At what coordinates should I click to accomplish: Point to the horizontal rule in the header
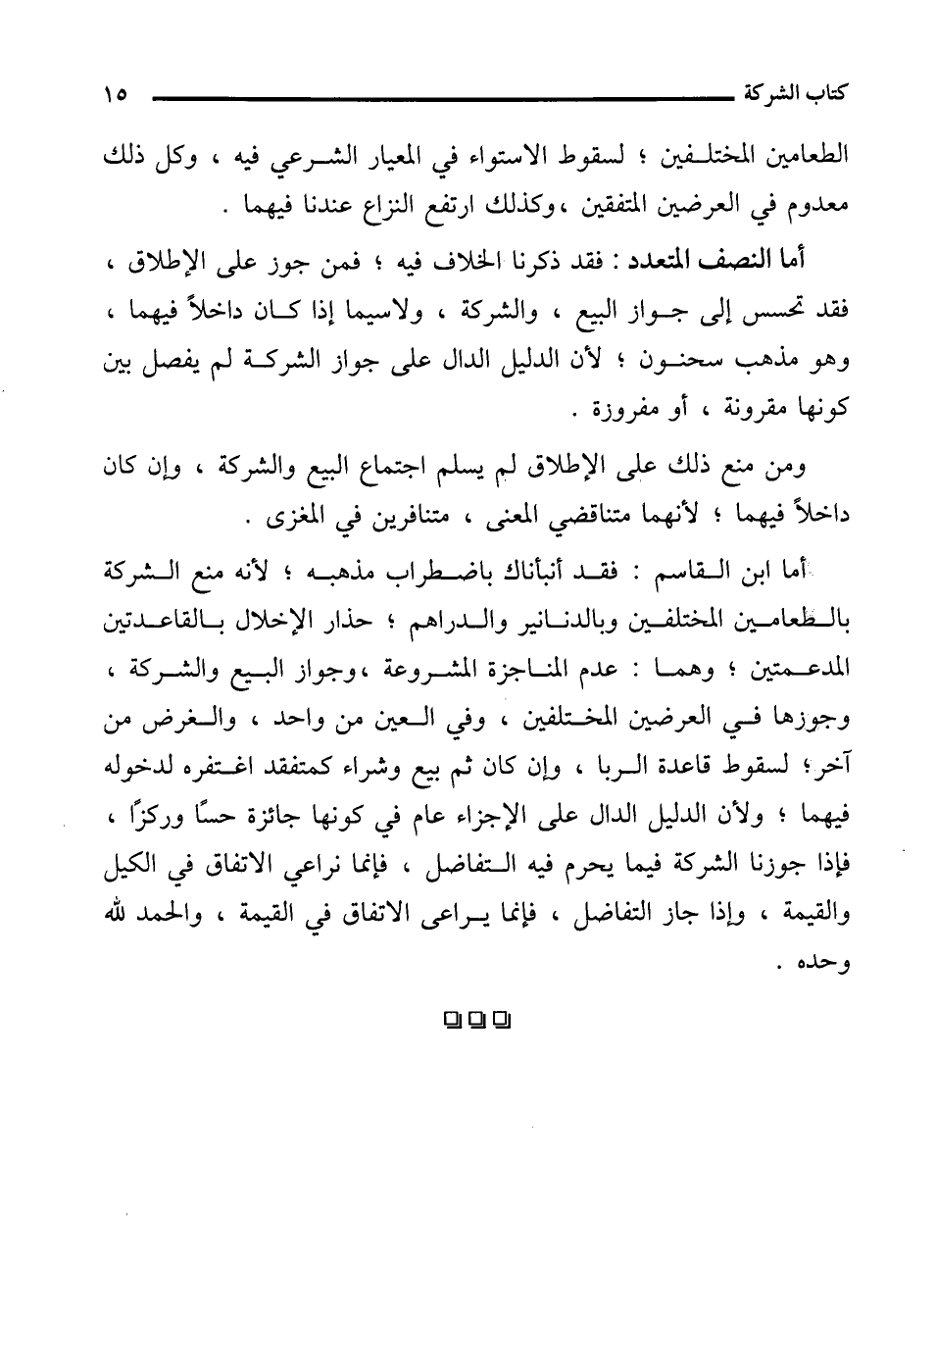point(432,98)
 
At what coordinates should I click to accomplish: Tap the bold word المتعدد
point(655,263)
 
